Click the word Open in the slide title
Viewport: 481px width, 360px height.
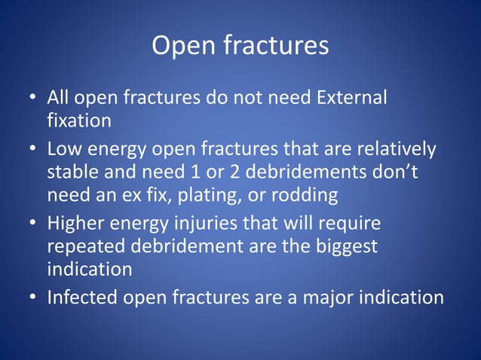pos(183,46)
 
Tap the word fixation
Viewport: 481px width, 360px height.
pos(79,120)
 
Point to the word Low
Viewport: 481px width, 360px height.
pos(64,150)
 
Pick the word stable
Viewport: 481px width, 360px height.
pos(73,172)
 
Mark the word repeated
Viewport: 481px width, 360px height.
pos(85,246)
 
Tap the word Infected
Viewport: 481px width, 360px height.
pos(82,297)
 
